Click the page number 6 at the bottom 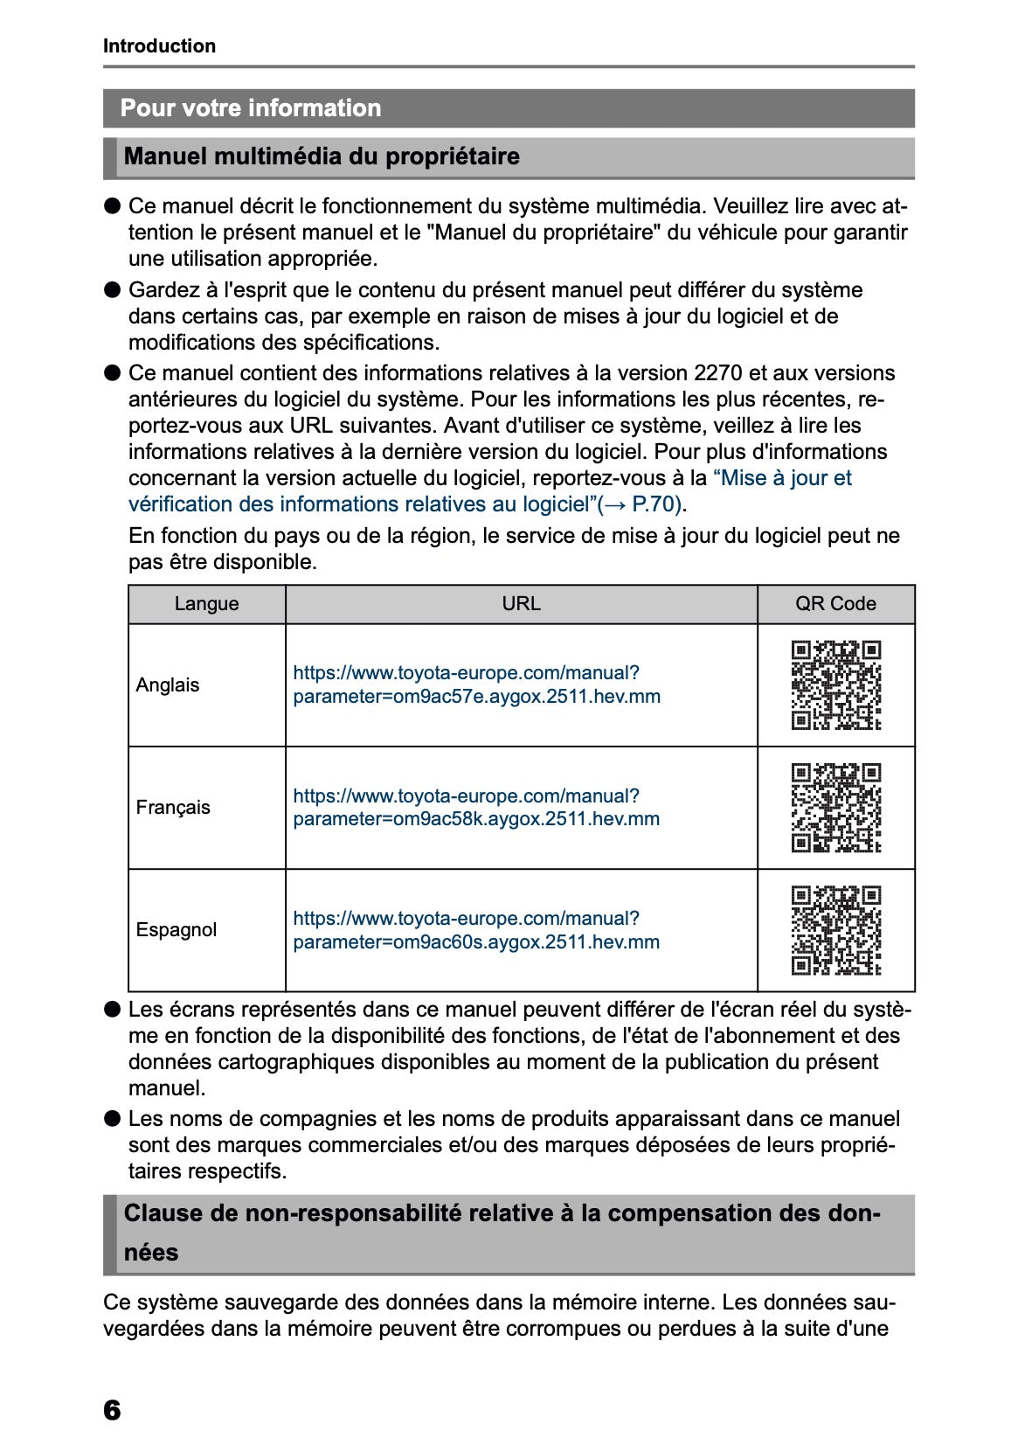[x=112, y=1410]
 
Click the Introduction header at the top [x=159, y=46]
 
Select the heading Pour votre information [x=251, y=108]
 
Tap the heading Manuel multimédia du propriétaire [x=322, y=156]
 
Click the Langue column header [x=206, y=604]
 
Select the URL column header [x=521, y=604]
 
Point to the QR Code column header [x=835, y=604]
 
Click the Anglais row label [x=168, y=685]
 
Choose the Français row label [x=173, y=808]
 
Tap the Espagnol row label [x=177, y=930]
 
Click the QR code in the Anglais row [x=836, y=685]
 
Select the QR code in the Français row [x=836, y=808]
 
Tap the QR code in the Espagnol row [x=836, y=930]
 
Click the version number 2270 [x=717, y=373]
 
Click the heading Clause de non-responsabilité [x=502, y=1213]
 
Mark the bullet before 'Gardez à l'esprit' [x=112, y=290]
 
